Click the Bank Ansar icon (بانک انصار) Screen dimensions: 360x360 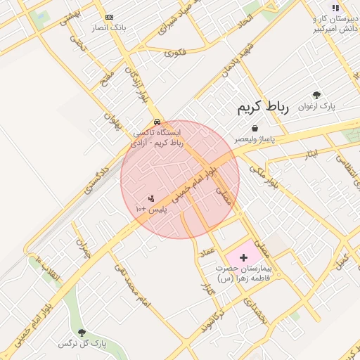point(108,16)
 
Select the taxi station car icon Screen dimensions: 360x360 point(156,120)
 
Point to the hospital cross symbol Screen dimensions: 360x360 point(244,258)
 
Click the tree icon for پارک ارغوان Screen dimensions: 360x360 point(316,95)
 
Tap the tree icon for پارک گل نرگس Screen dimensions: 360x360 point(82,332)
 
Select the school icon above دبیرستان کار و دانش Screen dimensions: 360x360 point(335,8)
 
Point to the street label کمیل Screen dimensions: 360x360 point(343,259)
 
